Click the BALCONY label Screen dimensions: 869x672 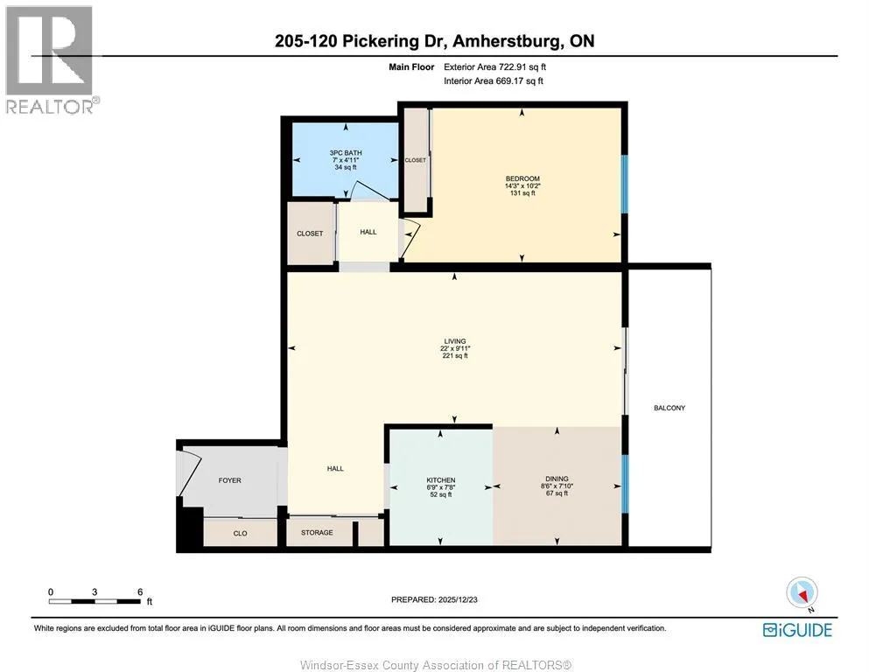669,408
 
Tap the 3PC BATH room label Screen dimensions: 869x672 346,153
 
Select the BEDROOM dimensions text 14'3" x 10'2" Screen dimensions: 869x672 522,186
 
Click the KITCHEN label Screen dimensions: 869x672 440,480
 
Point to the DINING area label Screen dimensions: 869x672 557,479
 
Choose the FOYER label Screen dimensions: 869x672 229,480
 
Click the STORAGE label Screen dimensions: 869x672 317,532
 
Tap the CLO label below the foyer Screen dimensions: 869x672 240,534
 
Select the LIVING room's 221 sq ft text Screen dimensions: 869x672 455,355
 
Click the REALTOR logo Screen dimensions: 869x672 52,59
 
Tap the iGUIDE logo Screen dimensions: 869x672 797,630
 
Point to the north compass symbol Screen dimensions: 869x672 802,594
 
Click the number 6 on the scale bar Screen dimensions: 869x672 140,591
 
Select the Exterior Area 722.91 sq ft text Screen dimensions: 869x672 495,67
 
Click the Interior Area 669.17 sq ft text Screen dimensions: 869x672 494,80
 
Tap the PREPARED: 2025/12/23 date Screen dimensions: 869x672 434,599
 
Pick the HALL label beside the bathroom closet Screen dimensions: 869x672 368,232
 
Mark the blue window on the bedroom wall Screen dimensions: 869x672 624,184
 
